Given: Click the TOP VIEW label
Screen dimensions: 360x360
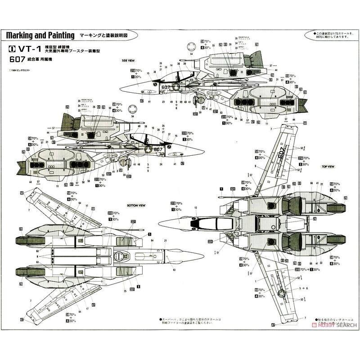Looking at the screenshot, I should click(328, 166).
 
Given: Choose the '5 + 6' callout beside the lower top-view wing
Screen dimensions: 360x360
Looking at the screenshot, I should click(304, 287).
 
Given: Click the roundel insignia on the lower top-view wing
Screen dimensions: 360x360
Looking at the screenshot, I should click(283, 295).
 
